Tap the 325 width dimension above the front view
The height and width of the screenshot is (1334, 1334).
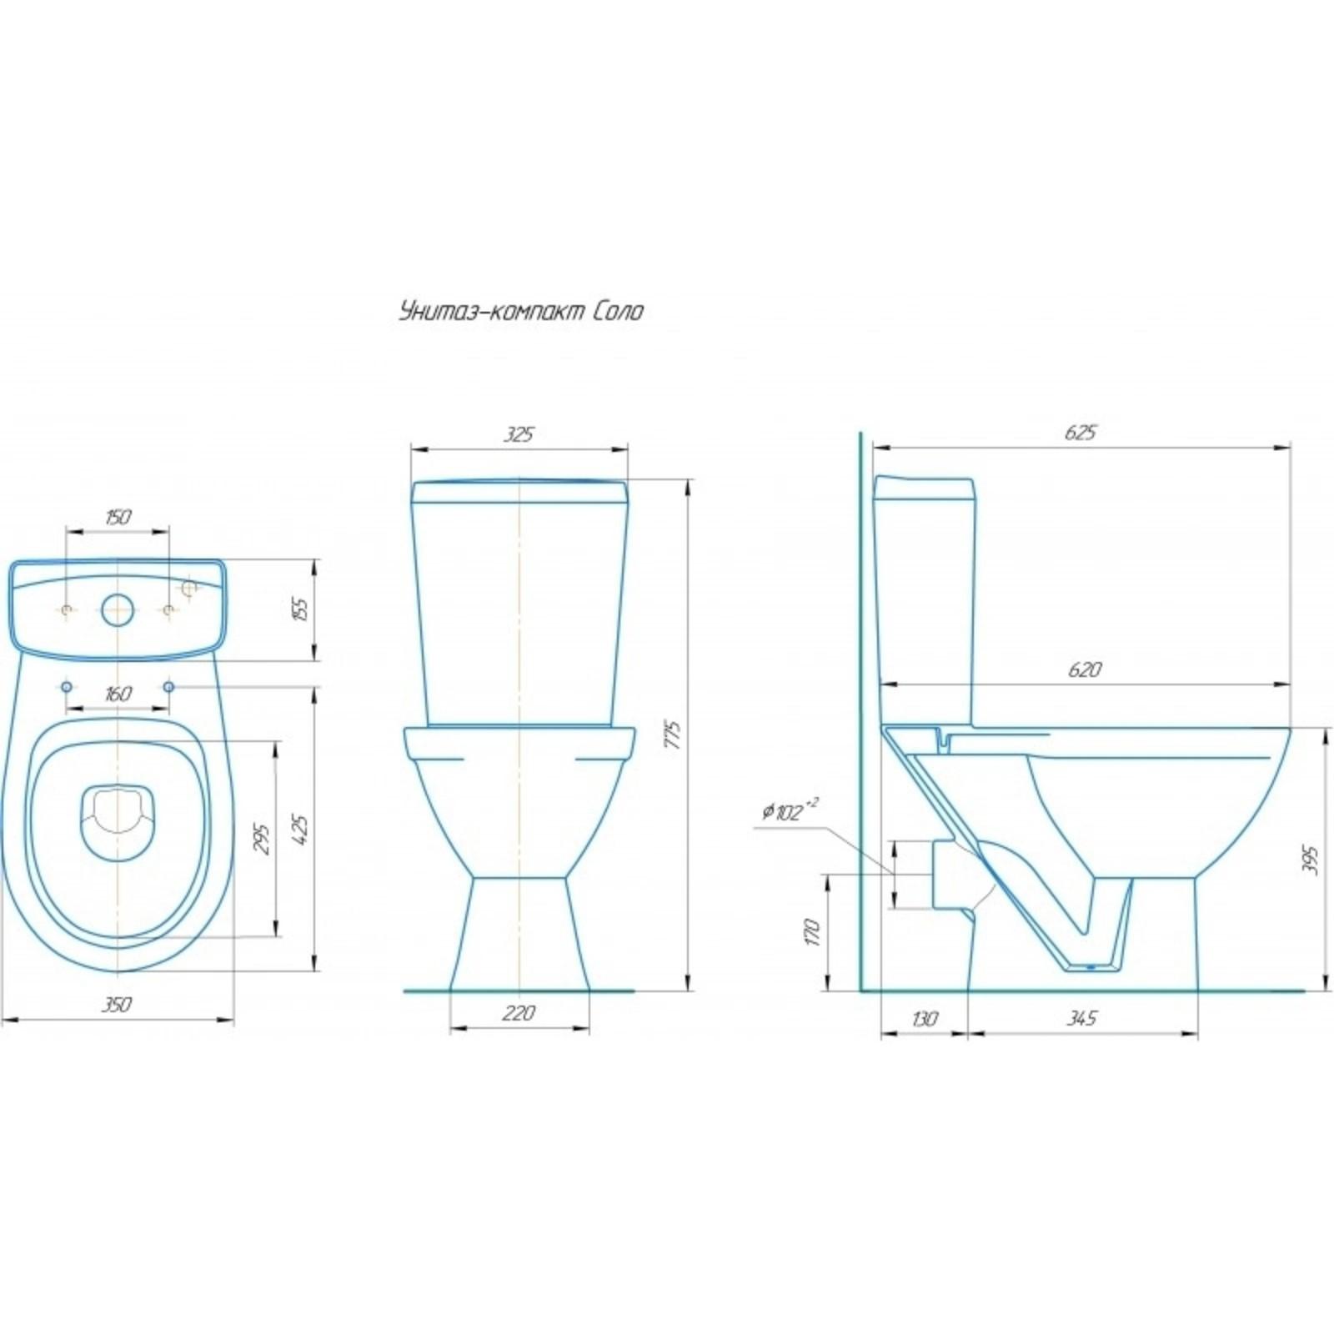pyautogui.click(x=519, y=434)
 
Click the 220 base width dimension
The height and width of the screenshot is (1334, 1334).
pyautogui.click(x=519, y=1013)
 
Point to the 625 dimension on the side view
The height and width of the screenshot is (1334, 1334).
pyautogui.click(x=1081, y=433)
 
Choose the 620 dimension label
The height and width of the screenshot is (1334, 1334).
pyautogui.click(x=1084, y=670)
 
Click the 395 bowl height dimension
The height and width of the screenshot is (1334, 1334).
pyautogui.click(x=1311, y=860)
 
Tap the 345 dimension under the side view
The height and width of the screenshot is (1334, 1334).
pyautogui.click(x=1082, y=1018)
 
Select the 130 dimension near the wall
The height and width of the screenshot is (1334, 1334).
pyautogui.click(x=925, y=1018)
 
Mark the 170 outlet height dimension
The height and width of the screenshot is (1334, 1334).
pyautogui.click(x=814, y=932)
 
